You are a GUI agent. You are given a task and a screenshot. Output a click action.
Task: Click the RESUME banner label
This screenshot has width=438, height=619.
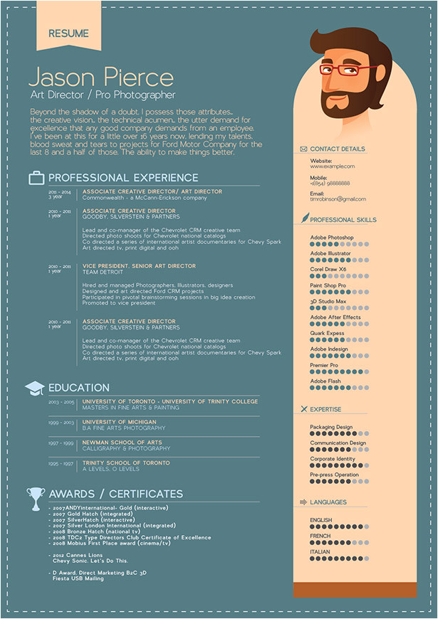coord(68,33)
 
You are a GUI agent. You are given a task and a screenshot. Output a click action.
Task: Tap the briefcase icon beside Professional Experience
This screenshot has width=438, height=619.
coord(36,178)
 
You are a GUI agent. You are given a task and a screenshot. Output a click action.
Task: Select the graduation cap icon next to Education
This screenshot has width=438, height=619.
coord(35,388)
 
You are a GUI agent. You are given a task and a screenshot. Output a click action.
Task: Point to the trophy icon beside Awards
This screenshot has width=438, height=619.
coord(35,497)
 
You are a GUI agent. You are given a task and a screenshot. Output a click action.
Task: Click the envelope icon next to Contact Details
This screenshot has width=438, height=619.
coord(304,149)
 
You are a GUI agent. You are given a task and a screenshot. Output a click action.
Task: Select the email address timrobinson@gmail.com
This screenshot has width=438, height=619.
coord(338,199)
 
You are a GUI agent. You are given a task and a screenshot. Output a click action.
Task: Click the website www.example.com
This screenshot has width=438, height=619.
coord(332,166)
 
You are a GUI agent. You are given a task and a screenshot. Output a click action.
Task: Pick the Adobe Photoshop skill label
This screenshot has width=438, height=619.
coord(332,238)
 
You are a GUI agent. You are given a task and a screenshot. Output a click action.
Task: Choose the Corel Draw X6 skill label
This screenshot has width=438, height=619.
coord(328,270)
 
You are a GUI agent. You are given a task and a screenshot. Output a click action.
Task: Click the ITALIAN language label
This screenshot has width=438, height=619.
coord(320,551)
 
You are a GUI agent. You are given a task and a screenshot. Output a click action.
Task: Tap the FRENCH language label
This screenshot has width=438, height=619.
coord(320,536)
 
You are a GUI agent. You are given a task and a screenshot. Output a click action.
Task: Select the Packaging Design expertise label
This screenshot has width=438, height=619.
coord(331,427)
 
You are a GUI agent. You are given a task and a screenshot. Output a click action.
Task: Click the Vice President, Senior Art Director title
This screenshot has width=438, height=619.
coord(139,265)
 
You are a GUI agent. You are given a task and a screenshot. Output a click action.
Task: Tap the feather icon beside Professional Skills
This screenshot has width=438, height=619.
coord(304,218)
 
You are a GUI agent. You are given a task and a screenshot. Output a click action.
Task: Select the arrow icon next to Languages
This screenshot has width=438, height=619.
coord(304,502)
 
